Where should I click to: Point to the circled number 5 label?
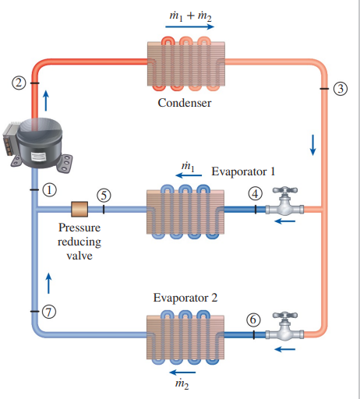click(104, 195)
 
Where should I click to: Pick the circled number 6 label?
click(253, 320)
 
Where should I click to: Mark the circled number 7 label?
click(50, 312)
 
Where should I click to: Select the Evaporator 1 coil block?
click(185, 209)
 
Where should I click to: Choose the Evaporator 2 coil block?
click(185, 335)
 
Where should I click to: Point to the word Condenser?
click(184, 104)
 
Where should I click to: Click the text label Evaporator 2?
click(185, 298)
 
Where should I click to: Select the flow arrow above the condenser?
click(189, 26)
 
